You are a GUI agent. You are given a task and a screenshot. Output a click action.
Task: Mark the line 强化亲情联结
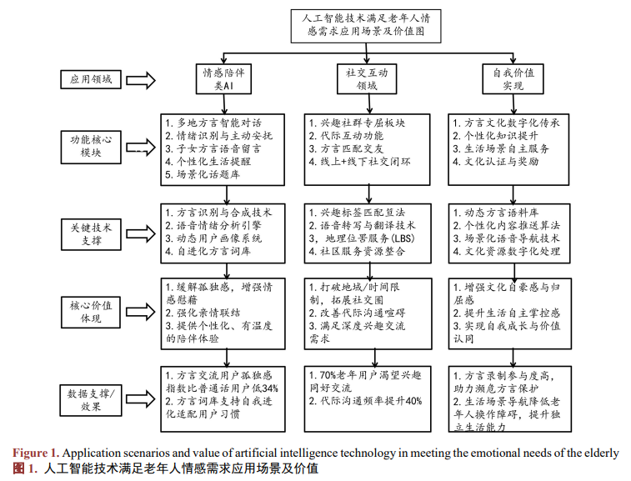click(x=205, y=310)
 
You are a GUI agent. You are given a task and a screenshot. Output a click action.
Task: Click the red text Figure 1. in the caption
click(x=33, y=453)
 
